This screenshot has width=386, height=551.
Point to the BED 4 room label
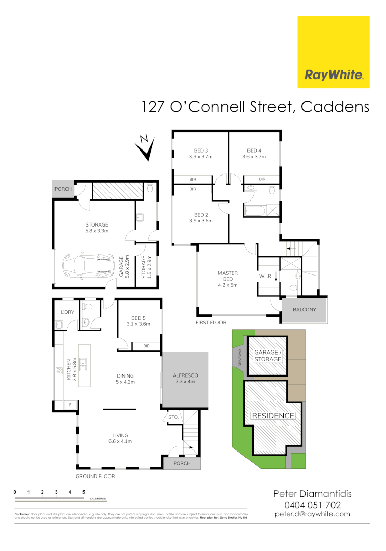[x=254, y=151]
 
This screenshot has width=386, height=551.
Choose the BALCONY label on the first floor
[x=305, y=310]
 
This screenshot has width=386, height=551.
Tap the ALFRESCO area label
[x=185, y=376]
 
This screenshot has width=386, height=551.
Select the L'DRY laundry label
[x=67, y=312]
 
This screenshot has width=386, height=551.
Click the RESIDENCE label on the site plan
[x=273, y=416]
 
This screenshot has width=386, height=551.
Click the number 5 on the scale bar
[x=84, y=492]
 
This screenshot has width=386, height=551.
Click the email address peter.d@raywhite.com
[x=312, y=514]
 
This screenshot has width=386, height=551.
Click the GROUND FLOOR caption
[x=95, y=477]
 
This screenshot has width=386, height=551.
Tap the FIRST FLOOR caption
[x=211, y=323]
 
